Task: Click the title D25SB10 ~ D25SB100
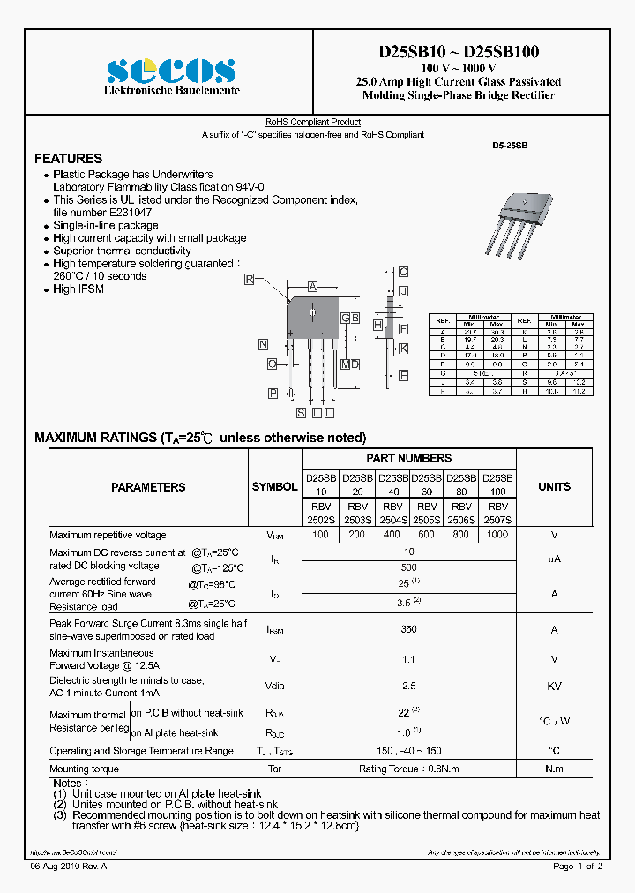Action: click(x=458, y=52)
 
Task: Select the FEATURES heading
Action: click(x=68, y=159)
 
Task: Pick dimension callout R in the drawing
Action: click(x=250, y=280)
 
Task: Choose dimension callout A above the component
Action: click(x=312, y=287)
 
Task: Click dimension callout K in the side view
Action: click(x=403, y=349)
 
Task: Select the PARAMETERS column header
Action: click(x=148, y=487)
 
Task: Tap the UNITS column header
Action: click(x=554, y=486)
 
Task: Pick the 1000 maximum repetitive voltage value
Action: click(x=497, y=535)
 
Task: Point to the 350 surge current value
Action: click(x=408, y=630)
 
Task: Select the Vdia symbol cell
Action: click(x=274, y=686)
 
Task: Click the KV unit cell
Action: click(x=554, y=686)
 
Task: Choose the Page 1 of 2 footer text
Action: click(x=578, y=867)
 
